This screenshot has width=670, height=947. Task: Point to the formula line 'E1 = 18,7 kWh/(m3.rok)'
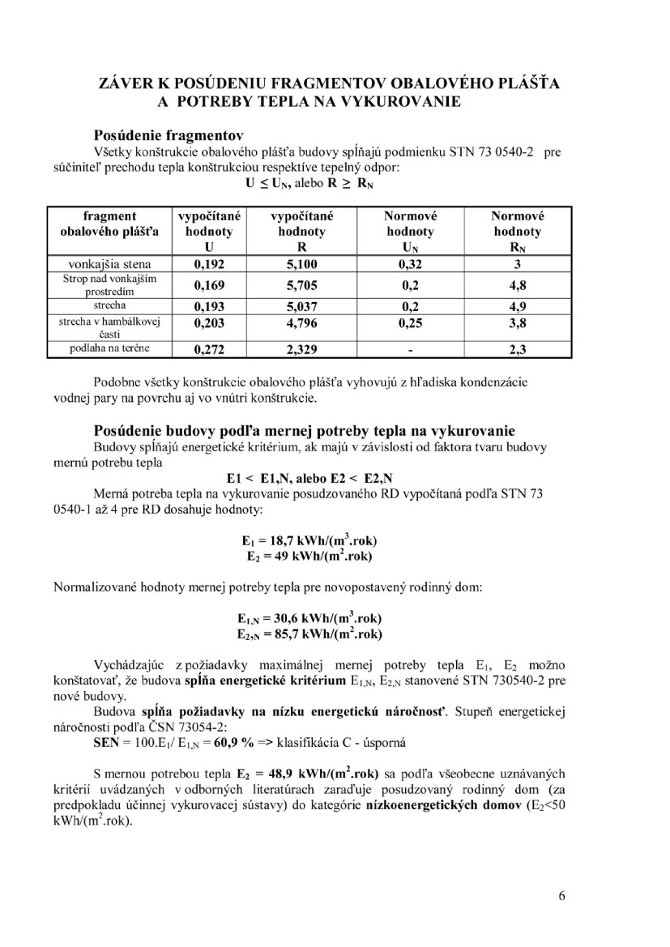click(x=310, y=540)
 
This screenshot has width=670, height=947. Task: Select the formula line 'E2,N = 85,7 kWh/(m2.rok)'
click(x=309, y=633)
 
